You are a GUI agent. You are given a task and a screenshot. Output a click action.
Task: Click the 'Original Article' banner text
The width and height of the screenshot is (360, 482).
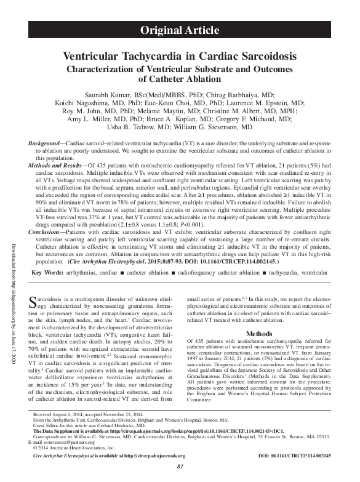(180, 30)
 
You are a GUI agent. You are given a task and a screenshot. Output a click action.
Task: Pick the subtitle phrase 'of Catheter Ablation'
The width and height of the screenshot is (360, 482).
(180, 79)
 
